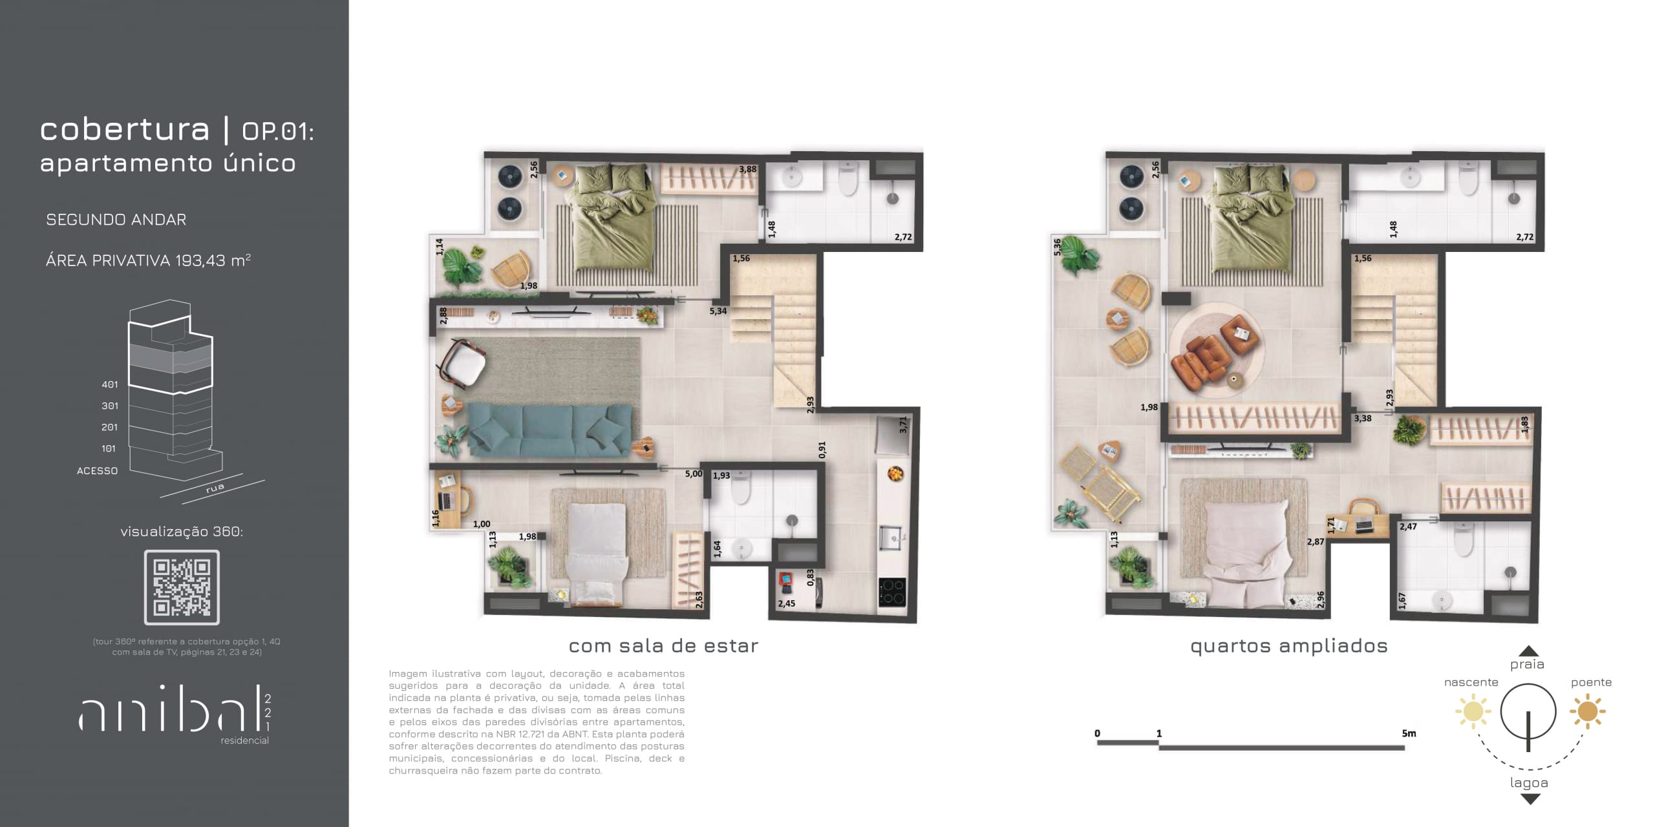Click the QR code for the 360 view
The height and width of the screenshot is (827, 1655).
coord(182,587)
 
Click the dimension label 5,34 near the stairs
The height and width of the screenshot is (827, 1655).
coord(718,311)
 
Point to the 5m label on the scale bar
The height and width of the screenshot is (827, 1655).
coord(1409,733)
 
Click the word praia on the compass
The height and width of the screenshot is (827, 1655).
coord(1527,664)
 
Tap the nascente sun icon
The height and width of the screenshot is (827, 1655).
coord(1473,711)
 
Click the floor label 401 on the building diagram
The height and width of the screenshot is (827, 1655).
coord(110,384)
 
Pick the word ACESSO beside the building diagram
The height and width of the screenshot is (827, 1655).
coord(97,471)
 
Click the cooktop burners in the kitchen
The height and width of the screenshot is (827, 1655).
coord(892,592)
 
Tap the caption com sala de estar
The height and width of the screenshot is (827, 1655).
coord(663,645)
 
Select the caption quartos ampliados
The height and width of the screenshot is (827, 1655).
coord(1289,646)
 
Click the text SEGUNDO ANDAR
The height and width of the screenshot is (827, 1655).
coord(116,220)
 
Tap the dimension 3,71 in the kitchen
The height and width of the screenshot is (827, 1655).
coord(903,425)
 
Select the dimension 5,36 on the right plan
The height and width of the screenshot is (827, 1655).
coord(1057,247)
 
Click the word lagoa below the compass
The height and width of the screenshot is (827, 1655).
coord(1529,783)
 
